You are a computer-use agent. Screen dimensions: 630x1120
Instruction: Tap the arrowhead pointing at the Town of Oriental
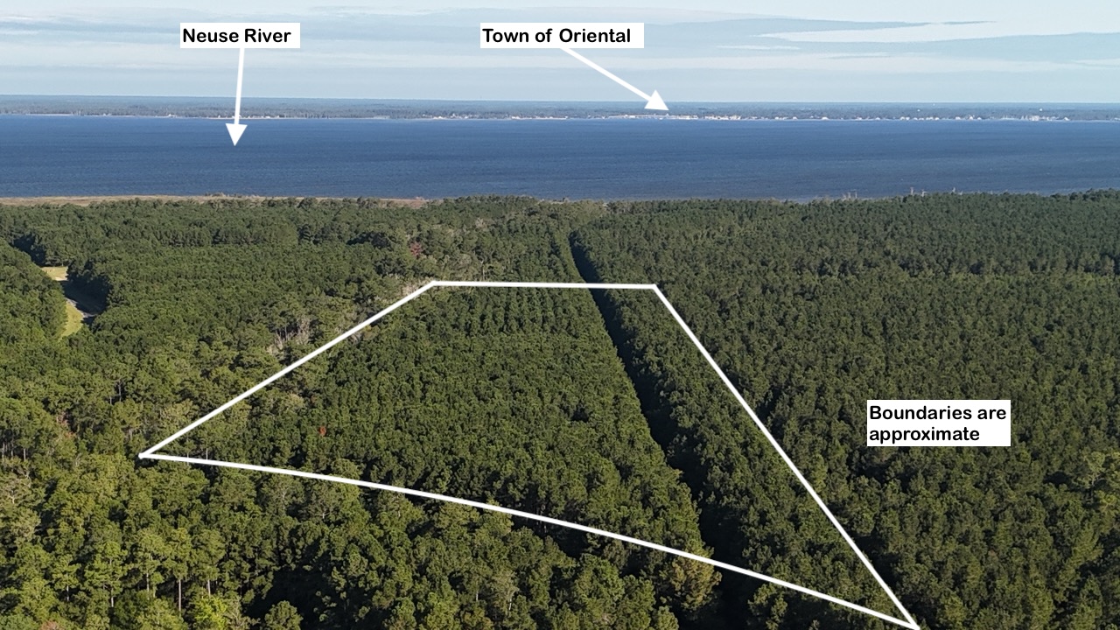point(658,102)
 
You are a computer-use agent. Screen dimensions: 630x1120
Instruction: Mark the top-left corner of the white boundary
point(435,283)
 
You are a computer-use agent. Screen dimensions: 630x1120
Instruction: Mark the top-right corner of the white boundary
point(654,286)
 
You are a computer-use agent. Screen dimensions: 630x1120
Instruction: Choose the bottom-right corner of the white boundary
point(915,626)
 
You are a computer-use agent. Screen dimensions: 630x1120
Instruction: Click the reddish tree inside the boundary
point(324,430)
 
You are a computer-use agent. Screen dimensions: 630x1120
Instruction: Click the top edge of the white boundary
point(542,284)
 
